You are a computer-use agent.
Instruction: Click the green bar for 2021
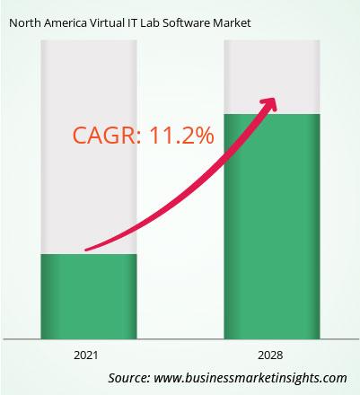click(89, 296)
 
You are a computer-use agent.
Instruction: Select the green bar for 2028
click(272, 226)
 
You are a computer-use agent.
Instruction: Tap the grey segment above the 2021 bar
click(89, 147)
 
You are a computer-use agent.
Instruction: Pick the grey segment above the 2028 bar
click(272, 77)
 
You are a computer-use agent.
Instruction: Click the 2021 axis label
click(86, 355)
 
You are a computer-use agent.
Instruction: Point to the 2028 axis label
click(270, 355)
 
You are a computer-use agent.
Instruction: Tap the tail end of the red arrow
click(86, 250)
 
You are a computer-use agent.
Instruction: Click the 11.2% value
click(181, 136)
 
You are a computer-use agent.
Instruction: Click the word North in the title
click(25, 23)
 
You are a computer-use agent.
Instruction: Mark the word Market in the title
click(232, 23)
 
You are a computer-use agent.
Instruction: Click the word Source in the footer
click(129, 378)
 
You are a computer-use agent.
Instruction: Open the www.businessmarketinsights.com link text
click(250, 378)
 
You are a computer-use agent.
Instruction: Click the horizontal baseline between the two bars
click(180, 339)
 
